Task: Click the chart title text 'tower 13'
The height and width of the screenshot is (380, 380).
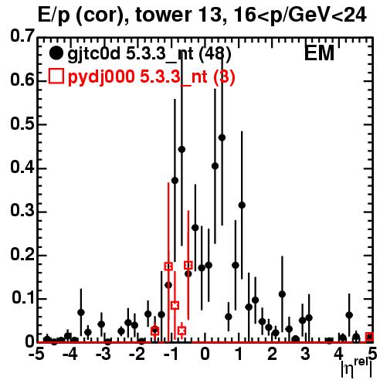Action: [178, 15]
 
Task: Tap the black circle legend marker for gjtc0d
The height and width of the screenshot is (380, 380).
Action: [56, 53]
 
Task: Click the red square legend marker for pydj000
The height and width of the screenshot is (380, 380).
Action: [56, 76]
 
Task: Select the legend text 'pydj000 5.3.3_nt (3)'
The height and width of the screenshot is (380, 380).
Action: [151, 77]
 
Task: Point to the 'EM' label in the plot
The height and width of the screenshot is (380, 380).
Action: [319, 53]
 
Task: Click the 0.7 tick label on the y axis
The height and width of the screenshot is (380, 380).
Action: [22, 36]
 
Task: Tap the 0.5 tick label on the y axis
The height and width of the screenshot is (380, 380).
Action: [22, 124]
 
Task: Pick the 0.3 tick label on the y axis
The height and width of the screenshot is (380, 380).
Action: [22, 211]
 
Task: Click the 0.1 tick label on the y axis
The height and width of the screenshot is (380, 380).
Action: [23, 298]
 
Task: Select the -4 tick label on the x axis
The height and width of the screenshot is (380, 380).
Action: [70, 355]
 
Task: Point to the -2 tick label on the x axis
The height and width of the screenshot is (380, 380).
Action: [137, 355]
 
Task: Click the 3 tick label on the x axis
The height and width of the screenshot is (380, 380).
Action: [306, 355]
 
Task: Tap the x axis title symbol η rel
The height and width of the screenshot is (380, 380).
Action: [357, 368]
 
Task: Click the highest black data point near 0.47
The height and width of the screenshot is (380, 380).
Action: [222, 137]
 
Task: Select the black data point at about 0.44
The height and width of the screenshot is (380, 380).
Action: [182, 149]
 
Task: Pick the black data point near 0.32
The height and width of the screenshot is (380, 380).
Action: [242, 205]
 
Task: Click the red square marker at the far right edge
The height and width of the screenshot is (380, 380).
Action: [369, 337]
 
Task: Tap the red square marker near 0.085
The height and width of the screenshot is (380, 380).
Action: [175, 306]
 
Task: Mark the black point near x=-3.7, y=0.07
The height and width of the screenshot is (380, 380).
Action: [81, 313]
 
